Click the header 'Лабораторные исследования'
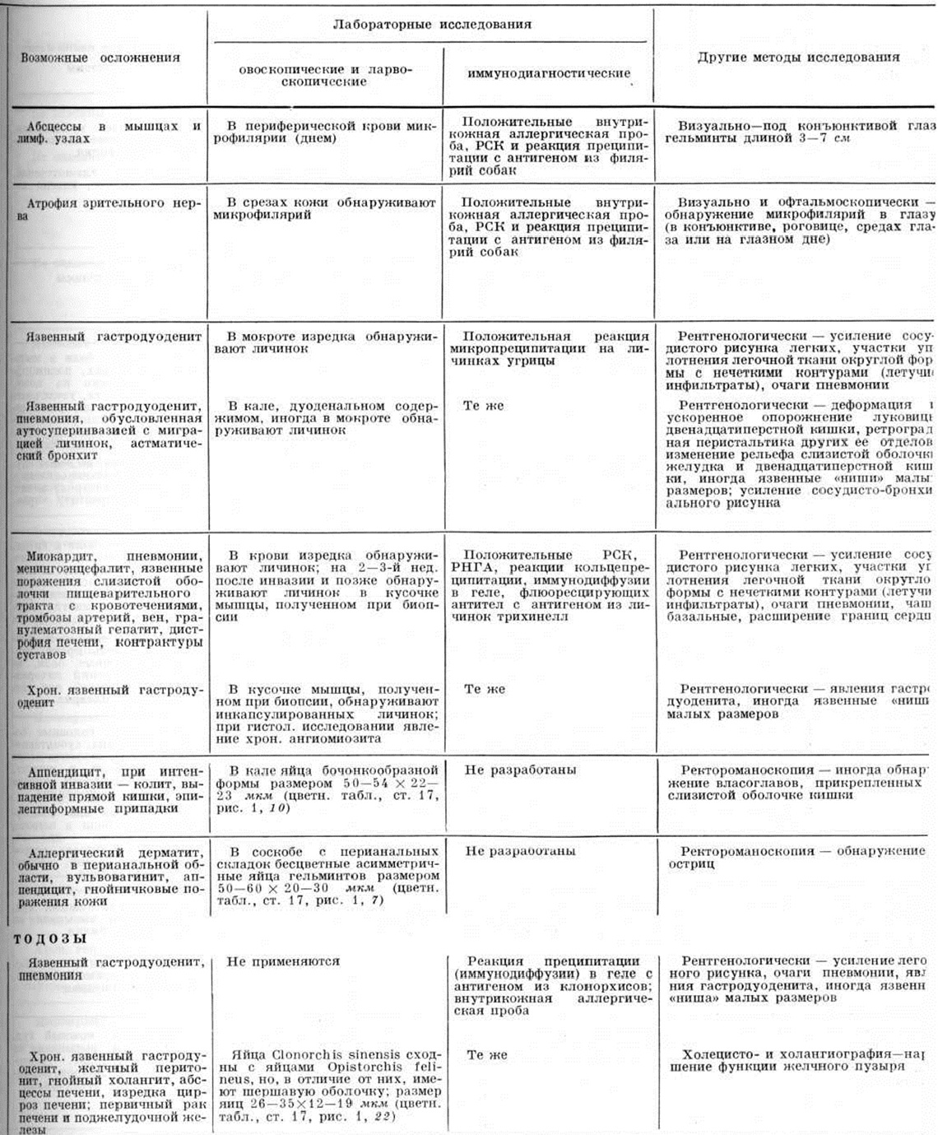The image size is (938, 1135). point(432,24)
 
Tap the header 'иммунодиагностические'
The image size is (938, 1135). point(549,73)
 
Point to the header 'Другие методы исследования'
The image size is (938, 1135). point(798,58)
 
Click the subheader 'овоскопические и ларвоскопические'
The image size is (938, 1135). point(326,76)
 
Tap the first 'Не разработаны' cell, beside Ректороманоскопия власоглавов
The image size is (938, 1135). point(520,770)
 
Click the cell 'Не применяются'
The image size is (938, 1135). point(283,961)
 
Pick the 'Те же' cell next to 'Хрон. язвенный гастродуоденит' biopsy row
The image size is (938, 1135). point(485,689)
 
